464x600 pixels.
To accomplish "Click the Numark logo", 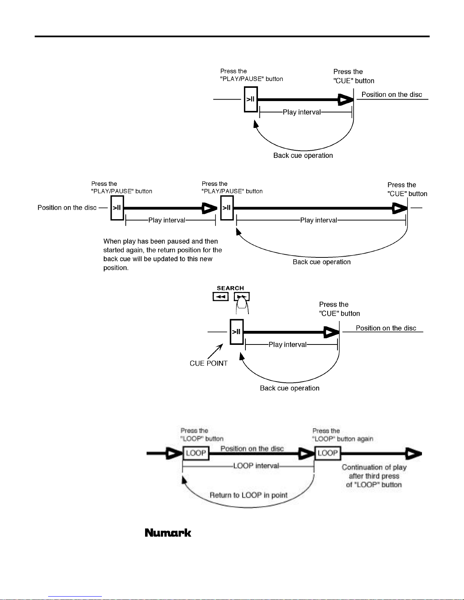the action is click(168, 533).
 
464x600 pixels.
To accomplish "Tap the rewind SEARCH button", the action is click(220, 296).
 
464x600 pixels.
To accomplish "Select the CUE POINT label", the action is click(209, 363).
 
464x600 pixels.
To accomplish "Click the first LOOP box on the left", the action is click(196, 453).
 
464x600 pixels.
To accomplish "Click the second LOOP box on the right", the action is click(328, 453).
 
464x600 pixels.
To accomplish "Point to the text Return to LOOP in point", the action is click(248, 495).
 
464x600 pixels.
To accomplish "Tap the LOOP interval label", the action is click(256, 466).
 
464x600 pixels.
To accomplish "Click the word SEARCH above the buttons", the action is click(230, 288).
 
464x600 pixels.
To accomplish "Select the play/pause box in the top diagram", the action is click(251, 99).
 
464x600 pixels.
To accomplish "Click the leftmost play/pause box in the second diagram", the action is click(117, 208).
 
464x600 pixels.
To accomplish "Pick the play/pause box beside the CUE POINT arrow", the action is click(237, 332).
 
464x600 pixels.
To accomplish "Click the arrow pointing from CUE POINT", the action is click(216, 351).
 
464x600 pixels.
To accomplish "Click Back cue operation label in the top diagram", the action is click(303, 156).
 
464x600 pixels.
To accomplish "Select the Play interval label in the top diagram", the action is click(302, 112).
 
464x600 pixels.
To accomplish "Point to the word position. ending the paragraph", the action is click(116, 268).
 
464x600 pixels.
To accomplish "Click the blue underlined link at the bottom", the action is click(75, 597).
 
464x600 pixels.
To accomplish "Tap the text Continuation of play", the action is click(374, 467).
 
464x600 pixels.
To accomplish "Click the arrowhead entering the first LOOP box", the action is click(174, 454).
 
